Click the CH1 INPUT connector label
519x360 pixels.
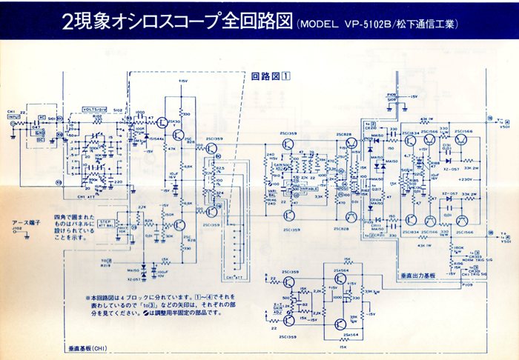[x=13, y=114]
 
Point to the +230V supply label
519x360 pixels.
[x=466, y=179]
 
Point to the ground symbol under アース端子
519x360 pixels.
[x=26, y=238]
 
